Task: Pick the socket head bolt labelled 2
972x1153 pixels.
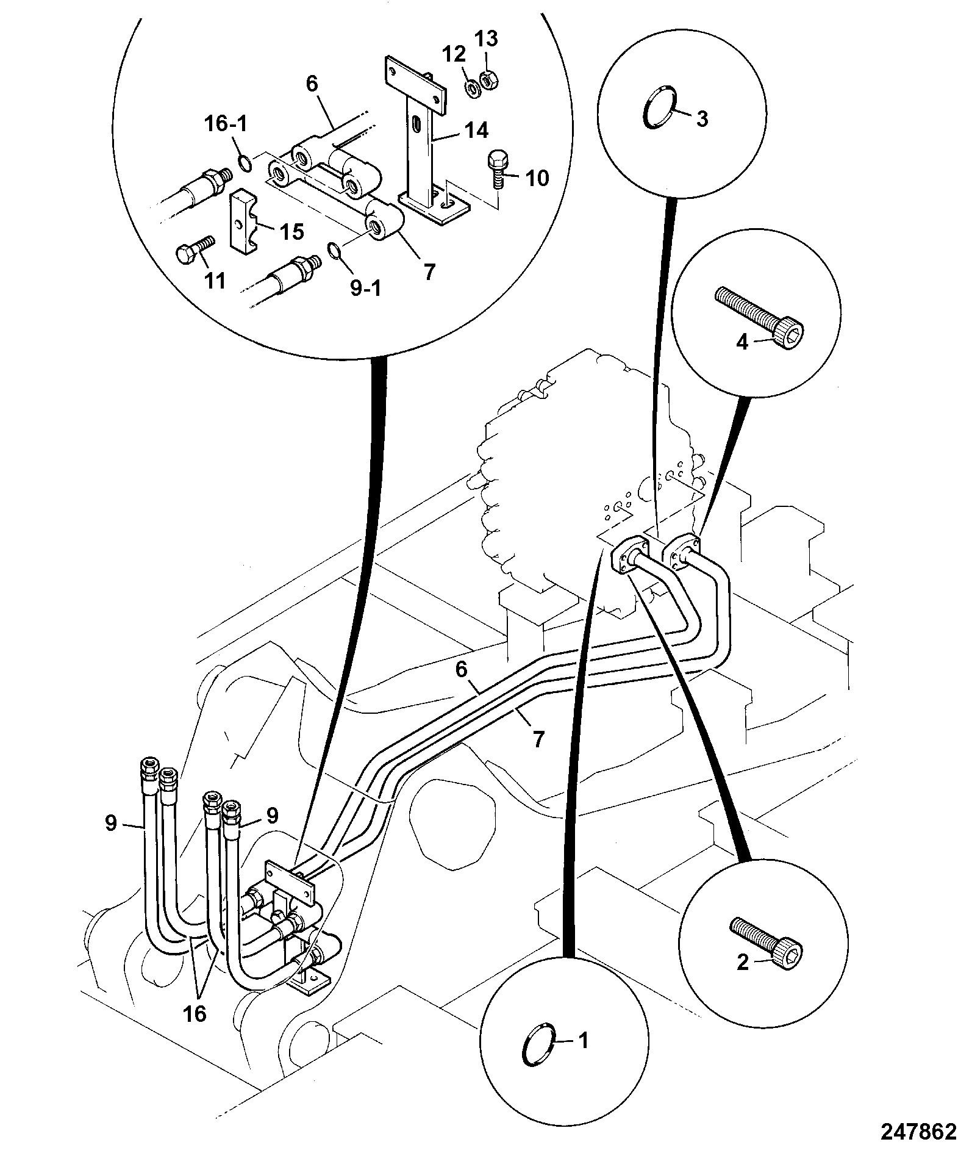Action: [x=767, y=950]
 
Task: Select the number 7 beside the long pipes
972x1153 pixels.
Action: [x=537, y=739]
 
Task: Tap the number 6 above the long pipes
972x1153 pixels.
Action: [x=461, y=670]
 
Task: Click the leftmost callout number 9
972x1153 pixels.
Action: [x=110, y=824]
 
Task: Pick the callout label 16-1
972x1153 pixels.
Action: [x=226, y=124]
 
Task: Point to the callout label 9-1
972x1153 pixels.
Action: [x=365, y=289]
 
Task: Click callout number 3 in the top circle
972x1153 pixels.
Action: [x=702, y=119]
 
